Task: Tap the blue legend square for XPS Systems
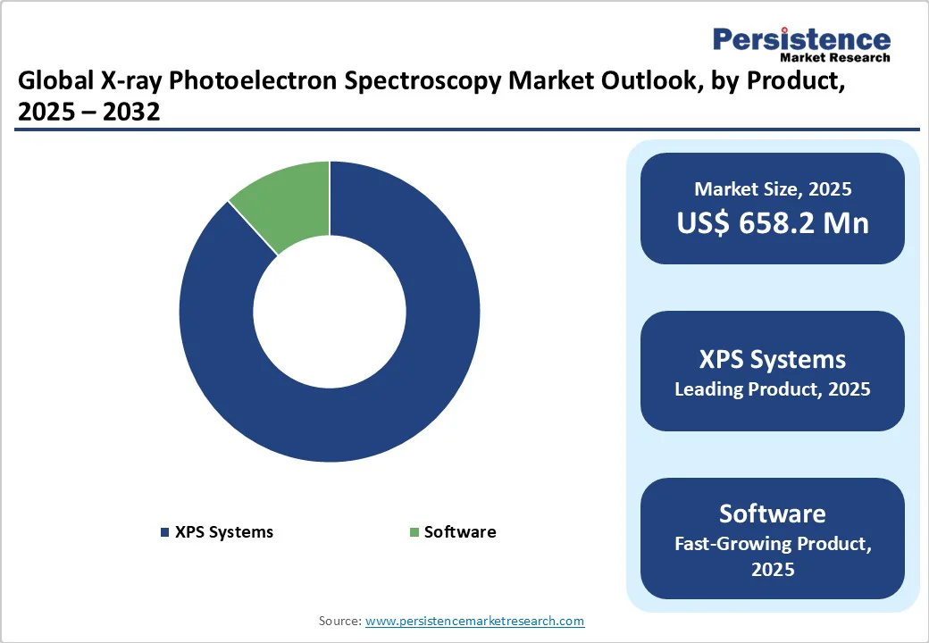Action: pos(164,533)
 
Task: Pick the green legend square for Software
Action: pos(414,533)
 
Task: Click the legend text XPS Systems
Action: pos(224,532)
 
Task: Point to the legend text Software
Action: pos(460,532)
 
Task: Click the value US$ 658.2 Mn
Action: pos(773,222)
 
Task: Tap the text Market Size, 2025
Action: pos(773,189)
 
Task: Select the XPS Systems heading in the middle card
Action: pos(773,360)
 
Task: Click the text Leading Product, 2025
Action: pos(773,389)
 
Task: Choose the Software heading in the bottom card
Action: pos(773,514)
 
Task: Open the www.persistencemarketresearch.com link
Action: pos(475,621)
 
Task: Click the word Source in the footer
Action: pos(339,621)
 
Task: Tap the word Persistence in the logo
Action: pos(801,39)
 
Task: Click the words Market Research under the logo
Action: pos(835,58)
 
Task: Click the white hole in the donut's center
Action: pos(330,312)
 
